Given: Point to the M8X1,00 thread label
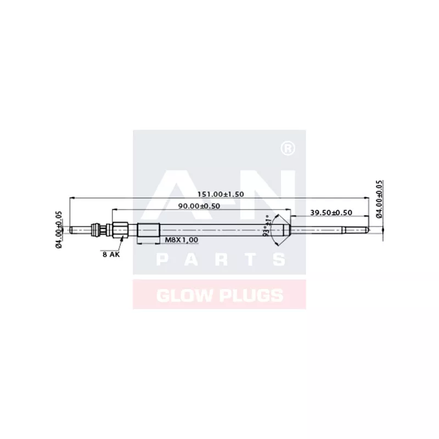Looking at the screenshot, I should click(x=182, y=240).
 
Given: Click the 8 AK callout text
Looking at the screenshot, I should click(x=110, y=254).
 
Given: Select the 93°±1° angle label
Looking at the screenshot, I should click(x=268, y=224).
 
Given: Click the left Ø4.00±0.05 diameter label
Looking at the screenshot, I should click(x=59, y=230).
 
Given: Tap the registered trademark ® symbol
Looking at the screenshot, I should click(x=286, y=148).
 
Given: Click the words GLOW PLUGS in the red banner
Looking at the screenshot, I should click(x=219, y=295).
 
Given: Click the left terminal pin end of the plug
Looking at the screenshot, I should click(x=72, y=229).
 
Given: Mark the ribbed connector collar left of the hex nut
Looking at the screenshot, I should click(x=98, y=229).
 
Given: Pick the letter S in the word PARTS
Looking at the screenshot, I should click(x=278, y=260).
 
